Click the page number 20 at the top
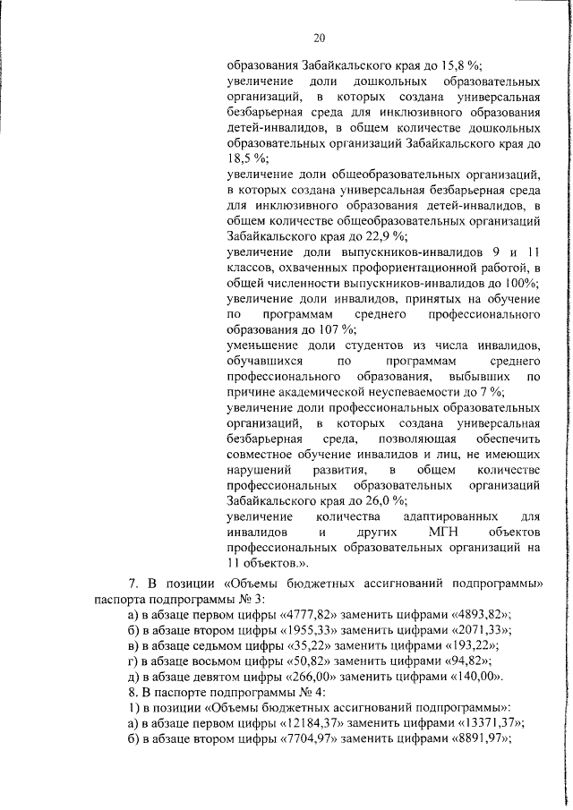(x=320, y=37)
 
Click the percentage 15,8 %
(x=464, y=64)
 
